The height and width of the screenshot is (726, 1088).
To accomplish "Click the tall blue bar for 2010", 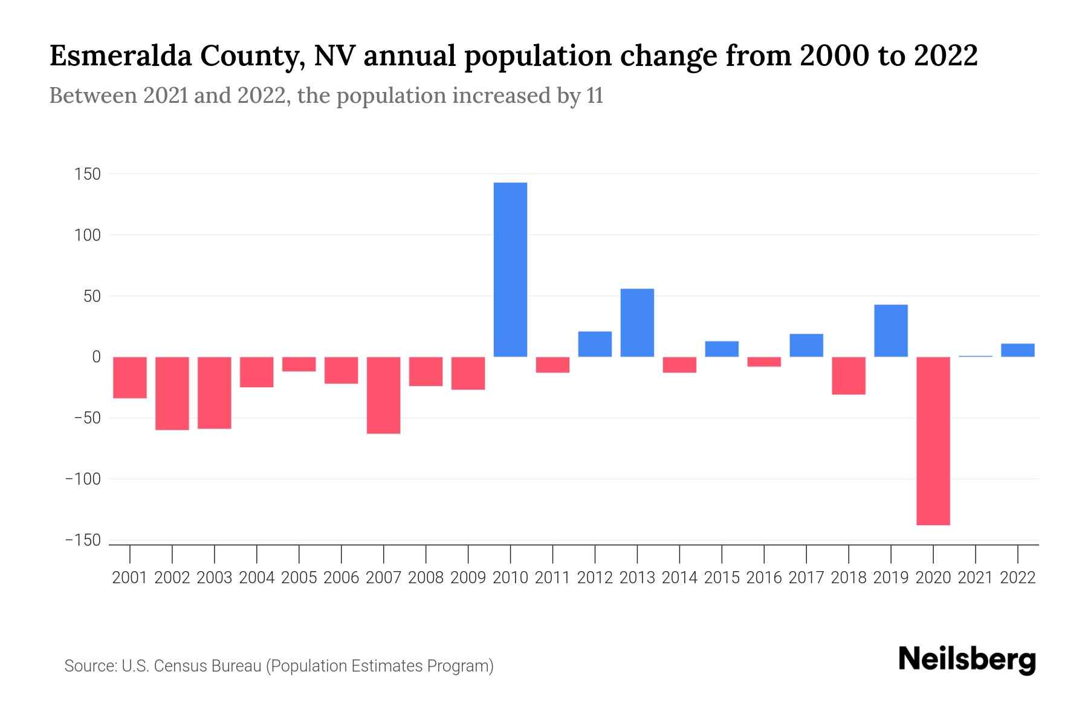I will [x=510, y=269].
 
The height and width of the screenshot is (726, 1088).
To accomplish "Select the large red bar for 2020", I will [x=933, y=440].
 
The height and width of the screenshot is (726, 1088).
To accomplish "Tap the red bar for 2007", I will [x=383, y=395].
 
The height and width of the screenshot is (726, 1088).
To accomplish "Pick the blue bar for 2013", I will [x=637, y=322].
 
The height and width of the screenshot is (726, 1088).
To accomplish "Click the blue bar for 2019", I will [x=890, y=330].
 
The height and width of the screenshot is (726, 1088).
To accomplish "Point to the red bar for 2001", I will [x=130, y=378].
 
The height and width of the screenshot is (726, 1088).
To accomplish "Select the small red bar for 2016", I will [x=764, y=362].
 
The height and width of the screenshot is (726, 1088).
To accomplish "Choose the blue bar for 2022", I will [x=1017, y=350].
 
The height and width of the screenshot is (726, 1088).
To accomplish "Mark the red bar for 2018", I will [x=848, y=376].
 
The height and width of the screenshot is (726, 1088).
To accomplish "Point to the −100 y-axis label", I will [x=83, y=479].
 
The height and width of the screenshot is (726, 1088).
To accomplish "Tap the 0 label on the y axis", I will [x=96, y=357].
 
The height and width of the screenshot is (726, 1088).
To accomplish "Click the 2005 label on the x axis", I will [x=299, y=578].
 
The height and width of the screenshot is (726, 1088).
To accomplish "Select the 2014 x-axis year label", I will [x=679, y=578].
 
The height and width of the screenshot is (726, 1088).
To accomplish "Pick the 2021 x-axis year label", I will [x=975, y=578].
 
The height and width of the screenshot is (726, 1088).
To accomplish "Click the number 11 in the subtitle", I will [x=595, y=96].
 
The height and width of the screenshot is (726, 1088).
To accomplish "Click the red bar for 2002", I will [x=172, y=393].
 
